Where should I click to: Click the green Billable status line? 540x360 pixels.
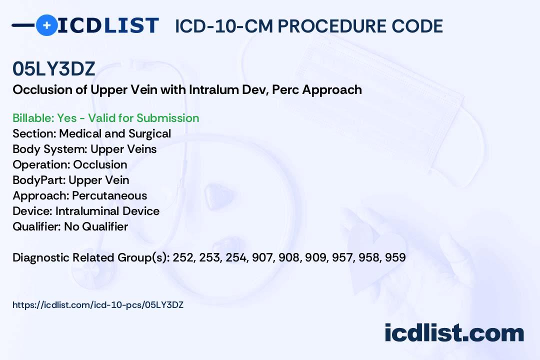(x=106, y=118)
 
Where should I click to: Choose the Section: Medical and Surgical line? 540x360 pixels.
(x=92, y=133)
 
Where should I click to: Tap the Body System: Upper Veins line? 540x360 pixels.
(x=84, y=149)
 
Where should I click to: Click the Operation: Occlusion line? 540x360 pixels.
(x=70, y=164)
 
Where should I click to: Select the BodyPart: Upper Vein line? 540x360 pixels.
(x=71, y=180)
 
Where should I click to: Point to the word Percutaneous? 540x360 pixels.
(x=109, y=195)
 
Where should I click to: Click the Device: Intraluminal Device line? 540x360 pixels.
(x=86, y=211)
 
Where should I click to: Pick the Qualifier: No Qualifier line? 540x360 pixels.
(x=70, y=226)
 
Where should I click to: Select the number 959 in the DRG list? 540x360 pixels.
(x=395, y=258)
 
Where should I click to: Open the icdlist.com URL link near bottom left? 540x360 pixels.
(x=98, y=304)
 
